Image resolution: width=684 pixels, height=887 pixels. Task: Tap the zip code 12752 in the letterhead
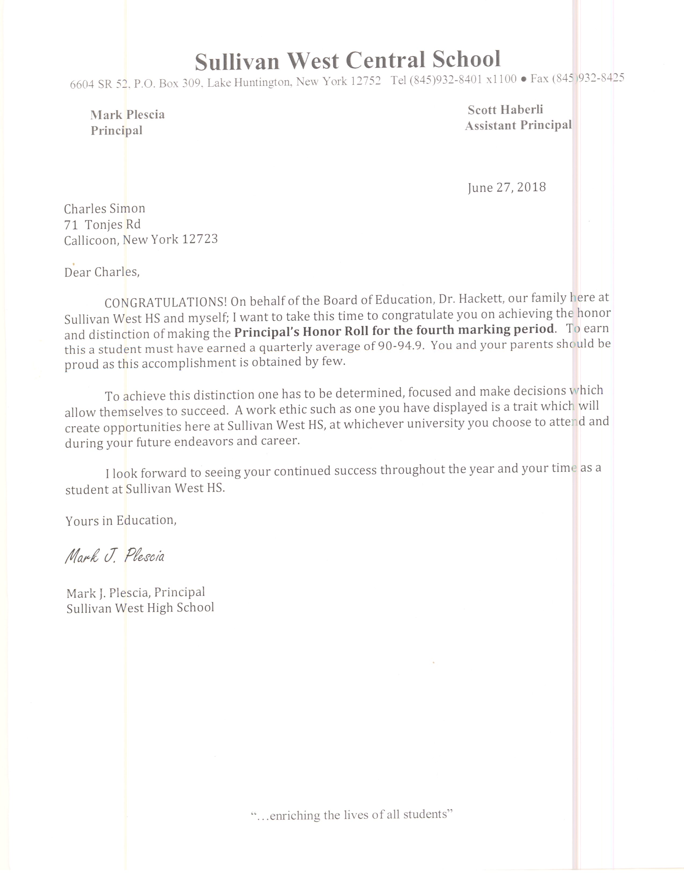(x=366, y=81)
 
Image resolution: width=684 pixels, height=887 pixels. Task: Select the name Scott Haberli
(x=505, y=110)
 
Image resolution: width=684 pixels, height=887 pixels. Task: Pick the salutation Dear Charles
(x=102, y=272)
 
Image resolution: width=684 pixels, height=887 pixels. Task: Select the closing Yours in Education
(x=121, y=521)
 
